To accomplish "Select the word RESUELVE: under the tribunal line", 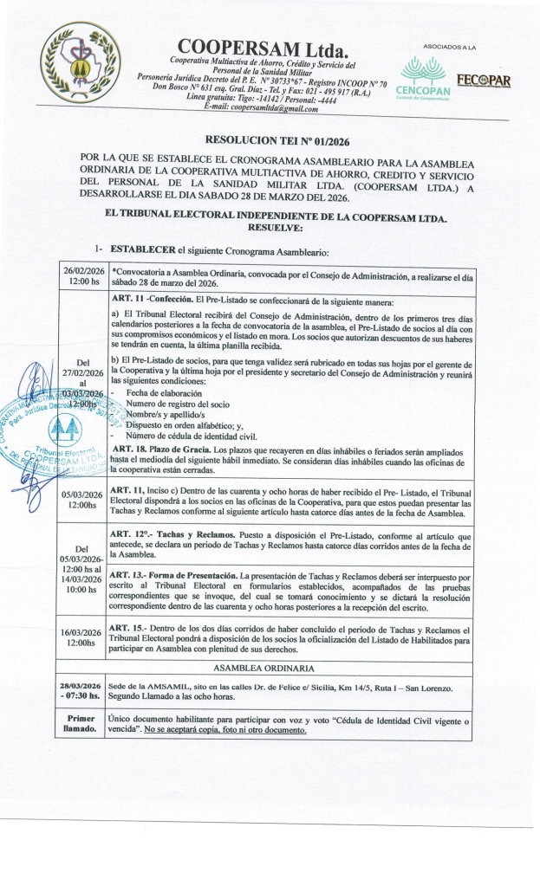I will click(274, 228).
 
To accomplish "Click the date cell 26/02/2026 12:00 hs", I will click(82, 275).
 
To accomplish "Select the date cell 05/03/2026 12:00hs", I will click(82, 501).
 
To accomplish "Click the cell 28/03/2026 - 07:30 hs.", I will click(81, 690).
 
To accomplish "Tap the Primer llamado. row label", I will click(81, 724).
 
